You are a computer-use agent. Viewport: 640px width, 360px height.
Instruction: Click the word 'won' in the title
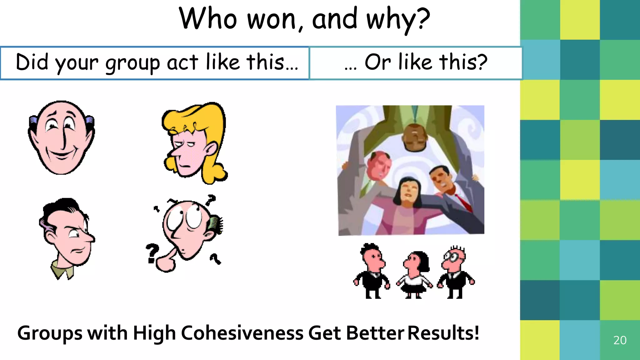(271, 19)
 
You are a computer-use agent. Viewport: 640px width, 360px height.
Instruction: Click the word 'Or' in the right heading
(377, 62)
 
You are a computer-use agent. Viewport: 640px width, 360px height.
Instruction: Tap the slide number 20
(620, 340)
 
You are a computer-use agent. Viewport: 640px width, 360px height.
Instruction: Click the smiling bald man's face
(61, 137)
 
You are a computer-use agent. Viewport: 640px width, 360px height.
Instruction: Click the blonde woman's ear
(212, 148)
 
